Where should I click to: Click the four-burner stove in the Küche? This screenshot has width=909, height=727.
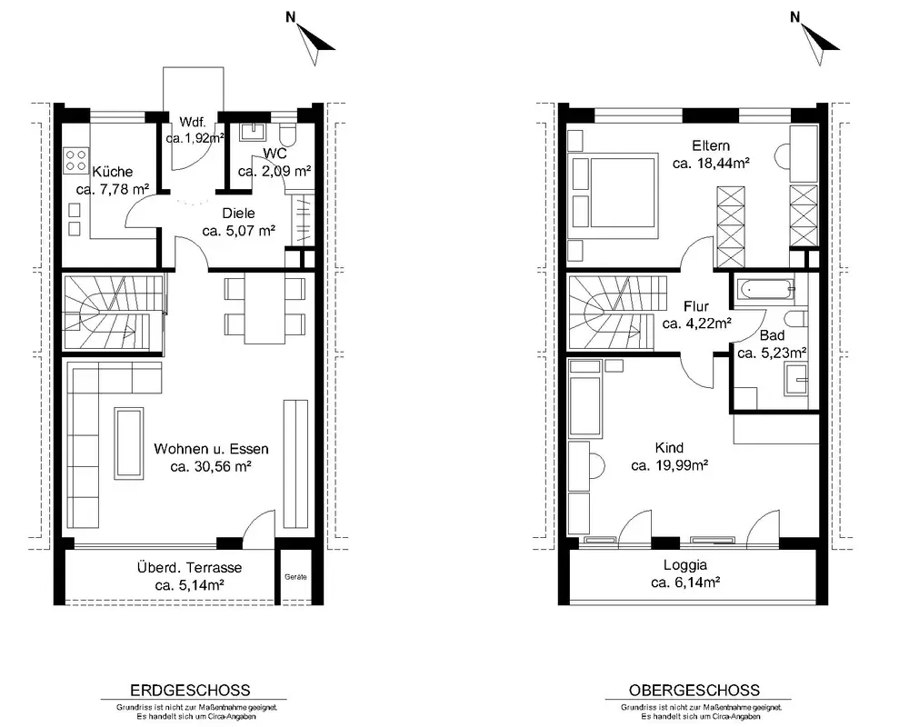click(75, 159)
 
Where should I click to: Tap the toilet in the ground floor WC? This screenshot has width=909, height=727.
click(287, 135)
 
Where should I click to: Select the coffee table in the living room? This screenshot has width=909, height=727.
click(129, 443)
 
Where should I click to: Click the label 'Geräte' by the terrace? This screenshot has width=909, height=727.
click(295, 577)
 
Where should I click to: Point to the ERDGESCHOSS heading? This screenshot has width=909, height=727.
click(190, 691)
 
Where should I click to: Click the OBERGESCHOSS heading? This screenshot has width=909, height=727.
click(694, 691)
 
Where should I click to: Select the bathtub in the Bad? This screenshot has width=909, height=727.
click(764, 288)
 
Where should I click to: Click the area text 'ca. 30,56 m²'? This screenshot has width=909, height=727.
click(211, 466)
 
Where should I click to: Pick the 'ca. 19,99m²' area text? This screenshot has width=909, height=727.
click(670, 465)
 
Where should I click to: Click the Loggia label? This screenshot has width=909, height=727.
click(685, 564)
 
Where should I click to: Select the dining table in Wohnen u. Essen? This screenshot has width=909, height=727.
click(265, 307)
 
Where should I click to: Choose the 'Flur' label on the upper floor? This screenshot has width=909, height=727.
click(696, 306)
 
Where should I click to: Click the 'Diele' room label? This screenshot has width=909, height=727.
click(238, 214)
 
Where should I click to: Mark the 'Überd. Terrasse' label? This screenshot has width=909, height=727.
click(190, 568)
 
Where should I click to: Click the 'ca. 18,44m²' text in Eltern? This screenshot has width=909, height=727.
click(711, 164)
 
